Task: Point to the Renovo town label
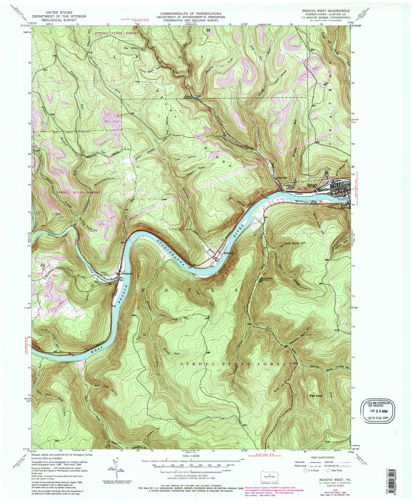point(312,185)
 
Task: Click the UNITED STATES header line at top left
point(59,13)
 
